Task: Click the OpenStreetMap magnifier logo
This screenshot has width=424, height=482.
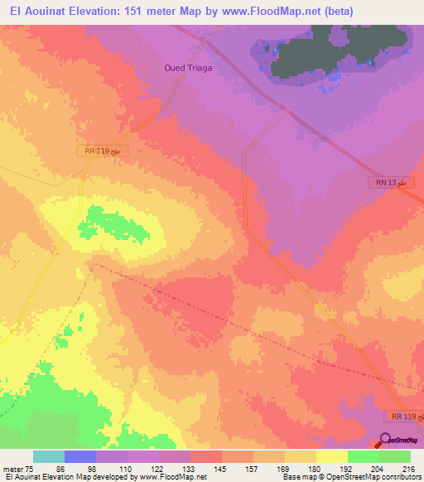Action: click(385, 441)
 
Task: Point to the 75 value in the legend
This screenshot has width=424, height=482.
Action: click(30, 468)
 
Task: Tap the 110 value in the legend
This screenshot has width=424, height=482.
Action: click(128, 468)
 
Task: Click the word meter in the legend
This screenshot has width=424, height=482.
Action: click(12, 468)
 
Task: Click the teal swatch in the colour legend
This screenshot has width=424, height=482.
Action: click(49, 456)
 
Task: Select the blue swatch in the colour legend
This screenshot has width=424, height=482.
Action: click(80, 456)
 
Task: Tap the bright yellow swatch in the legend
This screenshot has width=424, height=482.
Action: click(331, 456)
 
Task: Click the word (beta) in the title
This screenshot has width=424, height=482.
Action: click(316, 12)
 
